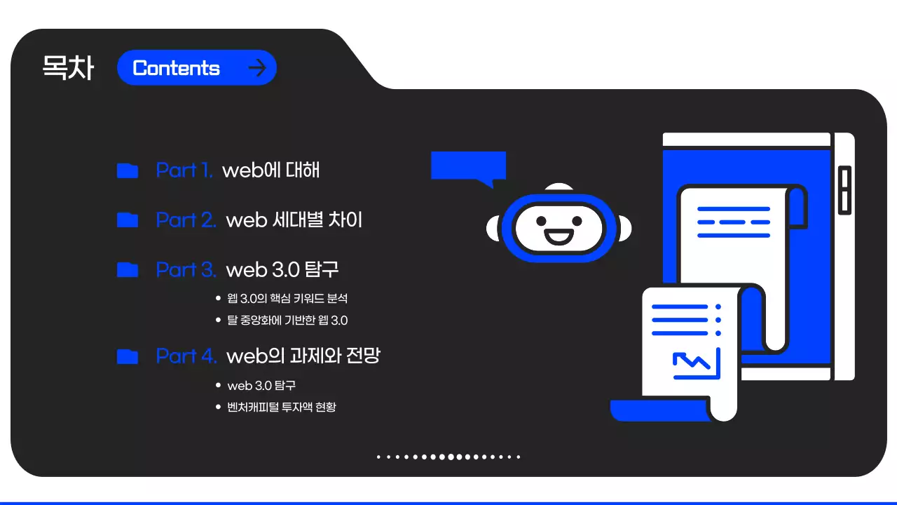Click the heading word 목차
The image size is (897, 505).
[68, 68]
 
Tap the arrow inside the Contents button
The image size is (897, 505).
[258, 68]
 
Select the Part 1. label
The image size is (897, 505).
[184, 170]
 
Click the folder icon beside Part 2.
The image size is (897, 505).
[127, 220]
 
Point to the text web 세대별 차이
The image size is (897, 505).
[294, 220]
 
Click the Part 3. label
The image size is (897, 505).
[186, 270]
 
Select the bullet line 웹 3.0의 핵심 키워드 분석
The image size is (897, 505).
[287, 299]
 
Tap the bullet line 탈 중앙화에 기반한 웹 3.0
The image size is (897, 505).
[287, 321]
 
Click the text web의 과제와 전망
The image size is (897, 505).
[303, 356]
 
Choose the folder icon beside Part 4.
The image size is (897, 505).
[127, 356]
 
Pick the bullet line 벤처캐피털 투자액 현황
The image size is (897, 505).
[282, 407]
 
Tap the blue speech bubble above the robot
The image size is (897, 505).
[468, 167]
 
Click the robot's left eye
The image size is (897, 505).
[541, 220]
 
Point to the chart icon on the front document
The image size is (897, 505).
[696, 363]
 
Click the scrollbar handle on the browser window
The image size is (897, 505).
[844, 189]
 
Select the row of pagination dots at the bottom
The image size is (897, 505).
[448, 457]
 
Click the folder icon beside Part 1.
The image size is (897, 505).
[127, 170]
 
